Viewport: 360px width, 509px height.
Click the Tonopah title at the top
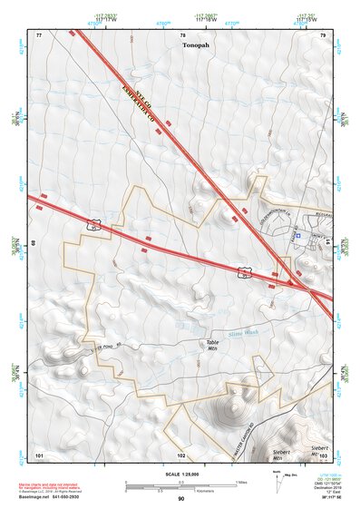click(196, 44)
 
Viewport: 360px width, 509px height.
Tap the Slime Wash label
click(243, 334)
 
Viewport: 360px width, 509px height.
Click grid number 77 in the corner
click(39, 34)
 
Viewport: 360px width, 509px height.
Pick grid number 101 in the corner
click(39, 454)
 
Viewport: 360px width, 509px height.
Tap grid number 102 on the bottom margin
click(181, 454)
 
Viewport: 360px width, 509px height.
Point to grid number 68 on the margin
click(34, 244)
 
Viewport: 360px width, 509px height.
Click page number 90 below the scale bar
click(180, 498)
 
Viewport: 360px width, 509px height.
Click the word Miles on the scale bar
click(240, 481)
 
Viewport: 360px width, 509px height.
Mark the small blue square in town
click(297, 235)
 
